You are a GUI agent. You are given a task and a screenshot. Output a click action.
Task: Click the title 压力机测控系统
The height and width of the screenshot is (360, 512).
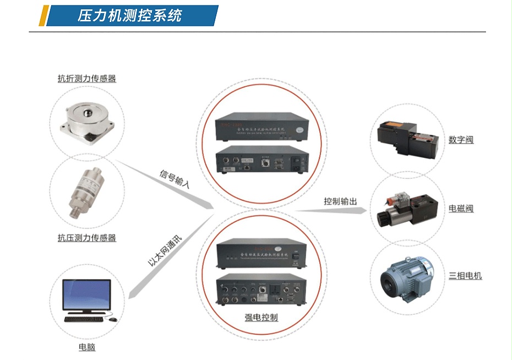click(x=129, y=15)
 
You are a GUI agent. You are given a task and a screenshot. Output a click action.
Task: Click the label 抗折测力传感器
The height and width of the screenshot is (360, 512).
click(x=87, y=79)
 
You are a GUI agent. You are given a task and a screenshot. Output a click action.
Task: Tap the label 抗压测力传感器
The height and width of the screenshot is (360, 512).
click(x=87, y=238)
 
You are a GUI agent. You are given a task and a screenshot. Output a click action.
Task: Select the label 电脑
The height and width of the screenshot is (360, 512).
click(x=87, y=347)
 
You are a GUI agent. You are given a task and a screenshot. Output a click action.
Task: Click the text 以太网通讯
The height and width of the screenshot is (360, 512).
click(x=165, y=250)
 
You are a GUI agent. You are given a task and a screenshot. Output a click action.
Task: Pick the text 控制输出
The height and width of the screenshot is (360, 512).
click(x=340, y=201)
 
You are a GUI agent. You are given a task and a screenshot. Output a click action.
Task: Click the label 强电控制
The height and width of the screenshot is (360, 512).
click(x=261, y=318)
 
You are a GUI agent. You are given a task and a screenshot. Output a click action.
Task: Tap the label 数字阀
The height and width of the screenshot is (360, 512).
click(x=461, y=140)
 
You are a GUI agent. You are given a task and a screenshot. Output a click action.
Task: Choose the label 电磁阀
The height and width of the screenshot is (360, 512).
click(x=461, y=209)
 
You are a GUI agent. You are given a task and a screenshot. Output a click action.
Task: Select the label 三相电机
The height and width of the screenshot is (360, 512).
click(x=465, y=275)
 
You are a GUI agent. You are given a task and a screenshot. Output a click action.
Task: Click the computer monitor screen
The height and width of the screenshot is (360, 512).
click(x=86, y=295)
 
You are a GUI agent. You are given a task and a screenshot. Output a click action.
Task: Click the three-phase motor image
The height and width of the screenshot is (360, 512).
click(x=406, y=279)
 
